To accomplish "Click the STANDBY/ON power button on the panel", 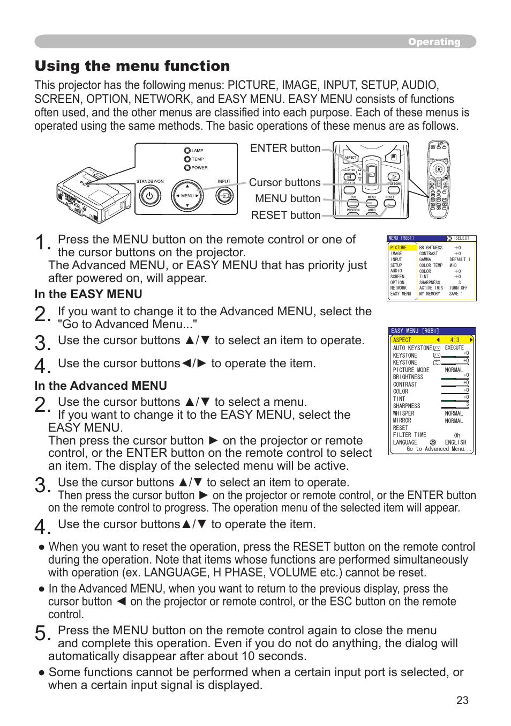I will click(150, 196).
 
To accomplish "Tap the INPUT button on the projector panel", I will click(224, 196).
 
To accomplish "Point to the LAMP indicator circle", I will click(187, 151).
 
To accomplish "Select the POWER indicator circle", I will click(187, 168).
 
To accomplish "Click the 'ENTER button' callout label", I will click(285, 149).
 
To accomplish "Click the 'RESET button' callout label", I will click(285, 215).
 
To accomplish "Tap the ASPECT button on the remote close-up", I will click(350, 158).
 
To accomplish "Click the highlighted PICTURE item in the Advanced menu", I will click(399, 248).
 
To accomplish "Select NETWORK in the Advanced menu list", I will click(399, 288).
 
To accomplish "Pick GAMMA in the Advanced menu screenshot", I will click(425, 260).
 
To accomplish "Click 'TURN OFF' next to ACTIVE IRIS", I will click(458, 288).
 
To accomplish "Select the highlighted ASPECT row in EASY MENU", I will click(432, 340).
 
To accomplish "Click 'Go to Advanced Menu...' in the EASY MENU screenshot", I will click(438, 449).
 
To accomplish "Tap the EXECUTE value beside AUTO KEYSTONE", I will click(454, 348).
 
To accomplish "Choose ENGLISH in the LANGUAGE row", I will click(455, 442).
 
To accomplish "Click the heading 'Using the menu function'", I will click(132, 66).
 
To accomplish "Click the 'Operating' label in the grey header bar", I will click(434, 42).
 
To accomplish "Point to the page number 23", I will click(462, 700).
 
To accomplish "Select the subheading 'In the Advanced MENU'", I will click(101, 386).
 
